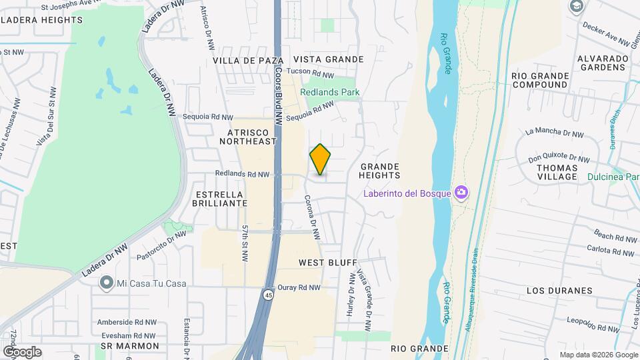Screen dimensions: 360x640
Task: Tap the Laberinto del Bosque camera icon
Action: pos(461,193)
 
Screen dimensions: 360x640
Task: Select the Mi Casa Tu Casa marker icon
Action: pos(105,283)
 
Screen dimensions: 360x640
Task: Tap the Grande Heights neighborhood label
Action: pos(379,171)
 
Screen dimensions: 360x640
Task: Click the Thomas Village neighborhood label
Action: pos(557,172)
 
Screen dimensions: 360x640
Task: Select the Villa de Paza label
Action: pos(244,60)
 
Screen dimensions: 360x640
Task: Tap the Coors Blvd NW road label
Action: pos(277,101)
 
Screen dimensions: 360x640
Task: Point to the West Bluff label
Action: pos(328,263)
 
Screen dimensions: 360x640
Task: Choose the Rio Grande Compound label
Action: pos(540,81)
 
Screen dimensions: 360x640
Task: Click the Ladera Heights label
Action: pos(41,20)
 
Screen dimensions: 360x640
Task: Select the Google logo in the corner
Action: pos(22,351)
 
